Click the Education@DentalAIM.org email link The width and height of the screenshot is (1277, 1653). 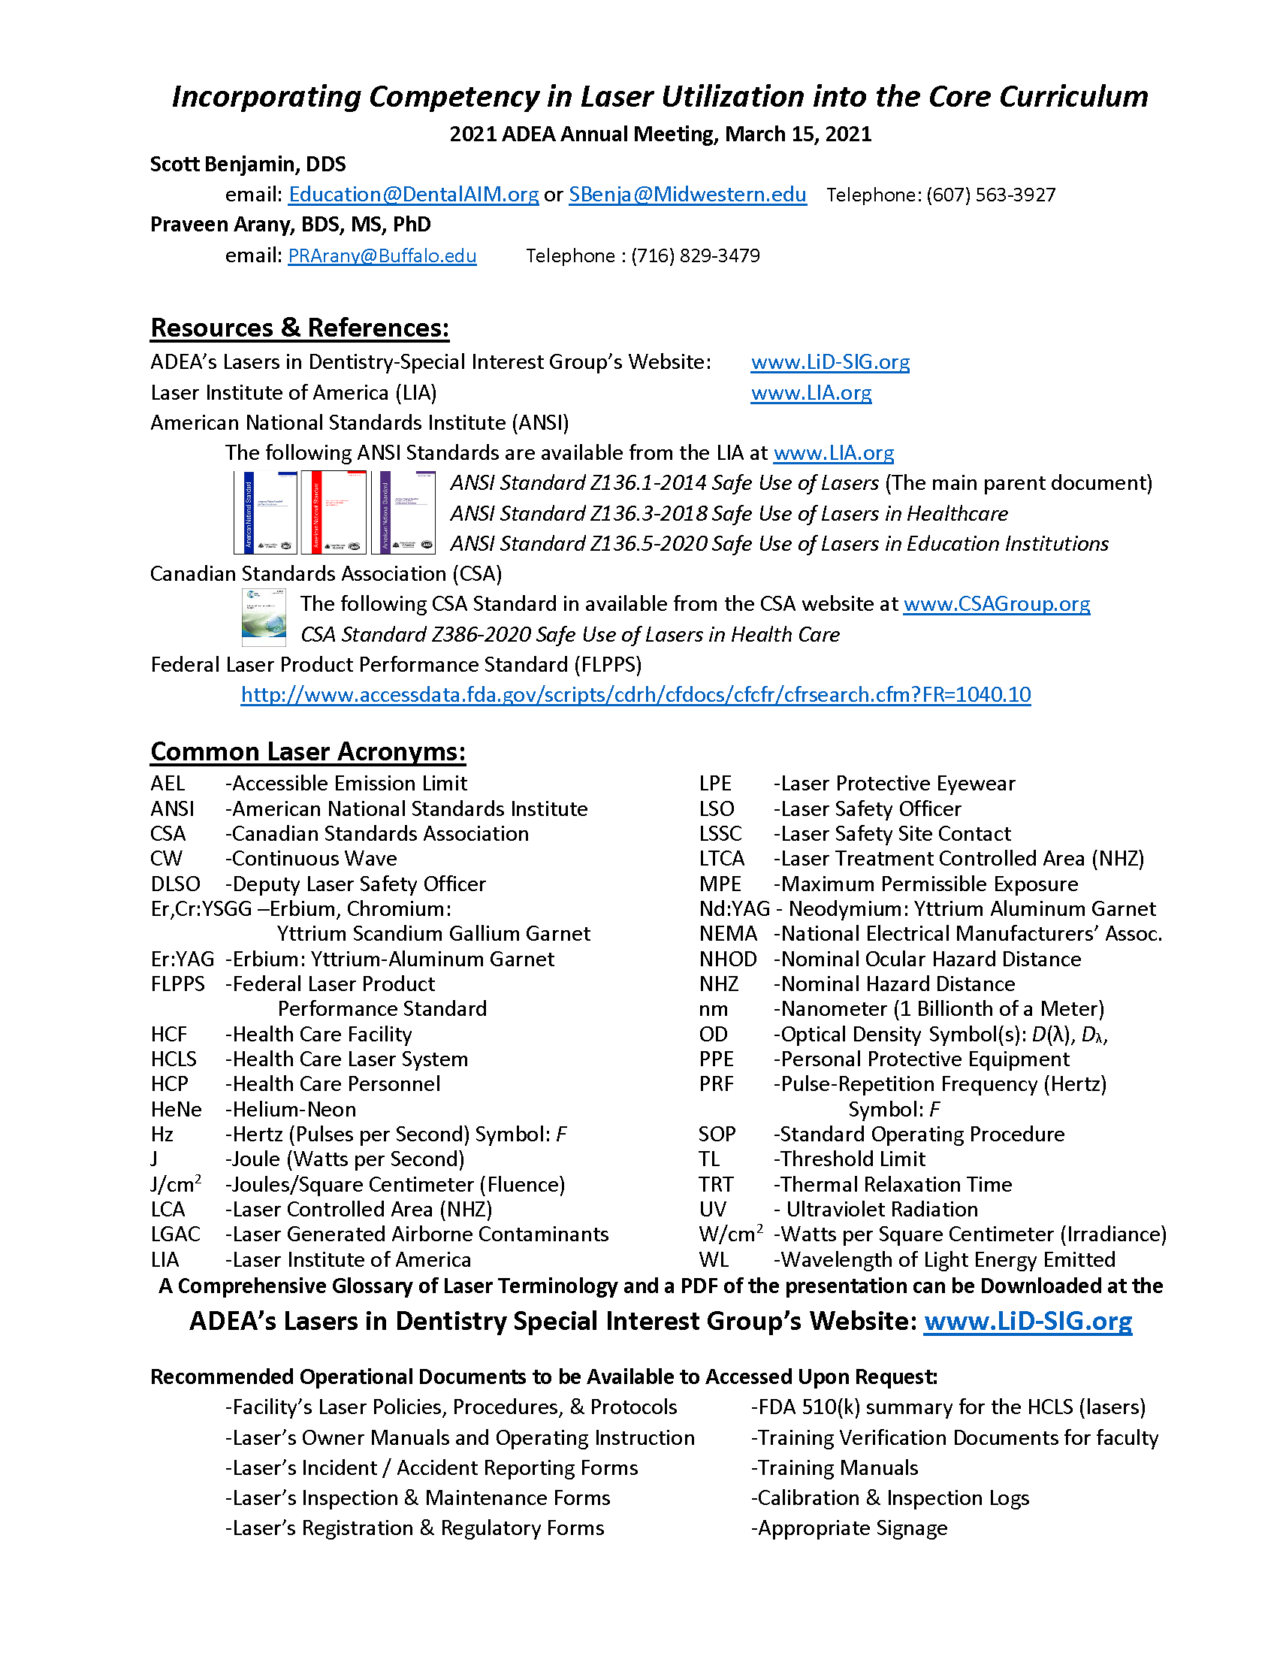pos(413,195)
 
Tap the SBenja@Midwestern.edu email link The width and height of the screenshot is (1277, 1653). pos(687,195)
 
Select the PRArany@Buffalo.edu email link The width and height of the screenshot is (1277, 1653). pos(382,255)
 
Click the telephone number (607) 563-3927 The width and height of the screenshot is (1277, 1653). pos(990,195)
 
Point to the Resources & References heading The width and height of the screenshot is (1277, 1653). pos(300,328)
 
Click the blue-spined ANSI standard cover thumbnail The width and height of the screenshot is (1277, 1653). pos(265,512)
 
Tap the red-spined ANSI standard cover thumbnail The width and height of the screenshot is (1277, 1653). pos(334,512)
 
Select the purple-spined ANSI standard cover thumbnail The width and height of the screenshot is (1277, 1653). pos(408,512)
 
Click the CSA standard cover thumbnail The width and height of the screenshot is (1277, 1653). pos(264,618)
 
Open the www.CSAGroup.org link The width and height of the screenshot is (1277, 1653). pos(996,604)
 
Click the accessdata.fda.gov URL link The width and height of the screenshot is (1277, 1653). pos(635,695)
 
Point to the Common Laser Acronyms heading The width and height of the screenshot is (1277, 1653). pos(308,751)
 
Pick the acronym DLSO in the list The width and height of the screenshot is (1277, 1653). pos(176,884)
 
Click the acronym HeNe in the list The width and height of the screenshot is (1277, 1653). pos(177,1110)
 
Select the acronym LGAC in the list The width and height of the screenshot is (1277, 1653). pos(176,1234)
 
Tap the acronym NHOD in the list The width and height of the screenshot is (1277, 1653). pos(728,959)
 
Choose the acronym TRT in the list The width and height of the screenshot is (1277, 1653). pos(716,1184)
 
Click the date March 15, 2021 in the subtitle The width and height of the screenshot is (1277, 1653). pos(798,134)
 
